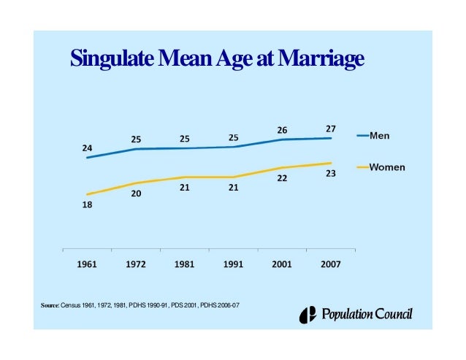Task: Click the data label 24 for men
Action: (87, 148)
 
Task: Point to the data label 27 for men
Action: (331, 129)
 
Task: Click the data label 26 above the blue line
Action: (282, 130)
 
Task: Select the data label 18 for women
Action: (87, 205)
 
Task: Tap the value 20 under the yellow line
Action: (136, 194)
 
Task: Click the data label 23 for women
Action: (331, 174)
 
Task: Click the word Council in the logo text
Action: (394, 315)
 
